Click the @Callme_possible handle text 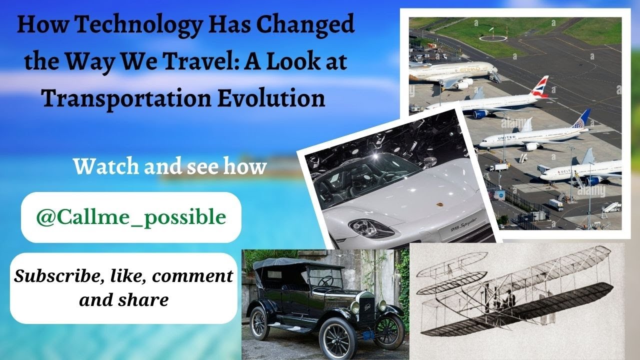131,217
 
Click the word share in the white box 146,300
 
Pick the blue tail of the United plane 582,119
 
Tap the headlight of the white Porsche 369,227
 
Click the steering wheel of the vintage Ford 326,281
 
